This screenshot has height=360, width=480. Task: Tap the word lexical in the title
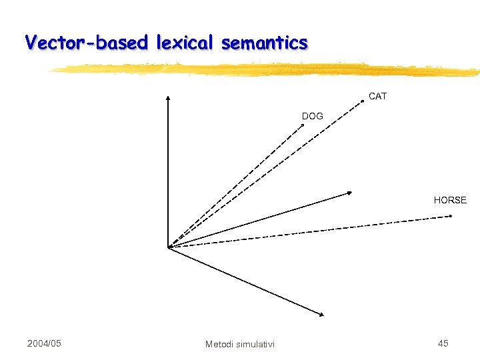[x=185, y=43]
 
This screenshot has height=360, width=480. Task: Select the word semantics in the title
[x=265, y=43]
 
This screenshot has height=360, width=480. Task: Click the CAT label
[x=377, y=96]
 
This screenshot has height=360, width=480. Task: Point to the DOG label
[x=312, y=116]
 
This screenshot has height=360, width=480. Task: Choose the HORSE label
[x=450, y=199]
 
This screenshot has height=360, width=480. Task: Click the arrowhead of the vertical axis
[x=168, y=97]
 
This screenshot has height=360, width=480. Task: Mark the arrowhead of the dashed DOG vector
[x=299, y=129]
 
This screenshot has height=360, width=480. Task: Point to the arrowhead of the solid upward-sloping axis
[x=350, y=193]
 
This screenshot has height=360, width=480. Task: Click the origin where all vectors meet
[x=169, y=247]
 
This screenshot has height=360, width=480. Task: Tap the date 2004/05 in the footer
[x=44, y=343]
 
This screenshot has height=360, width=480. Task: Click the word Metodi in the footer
[x=220, y=344]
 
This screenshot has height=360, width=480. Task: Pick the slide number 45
[x=443, y=343]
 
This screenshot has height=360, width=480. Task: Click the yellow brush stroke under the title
[x=267, y=69]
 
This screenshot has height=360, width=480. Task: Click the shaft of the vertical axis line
[x=168, y=173]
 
